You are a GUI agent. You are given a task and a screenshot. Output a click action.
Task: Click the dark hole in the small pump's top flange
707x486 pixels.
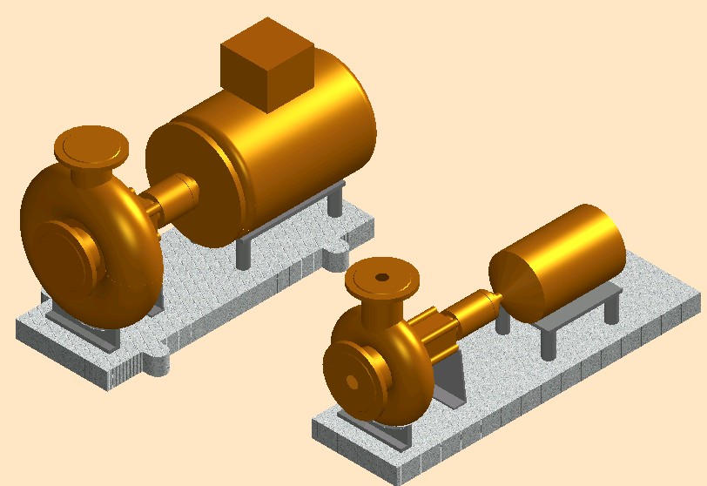point(381,278)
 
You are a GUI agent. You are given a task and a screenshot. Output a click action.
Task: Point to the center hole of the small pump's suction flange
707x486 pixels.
point(350,381)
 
